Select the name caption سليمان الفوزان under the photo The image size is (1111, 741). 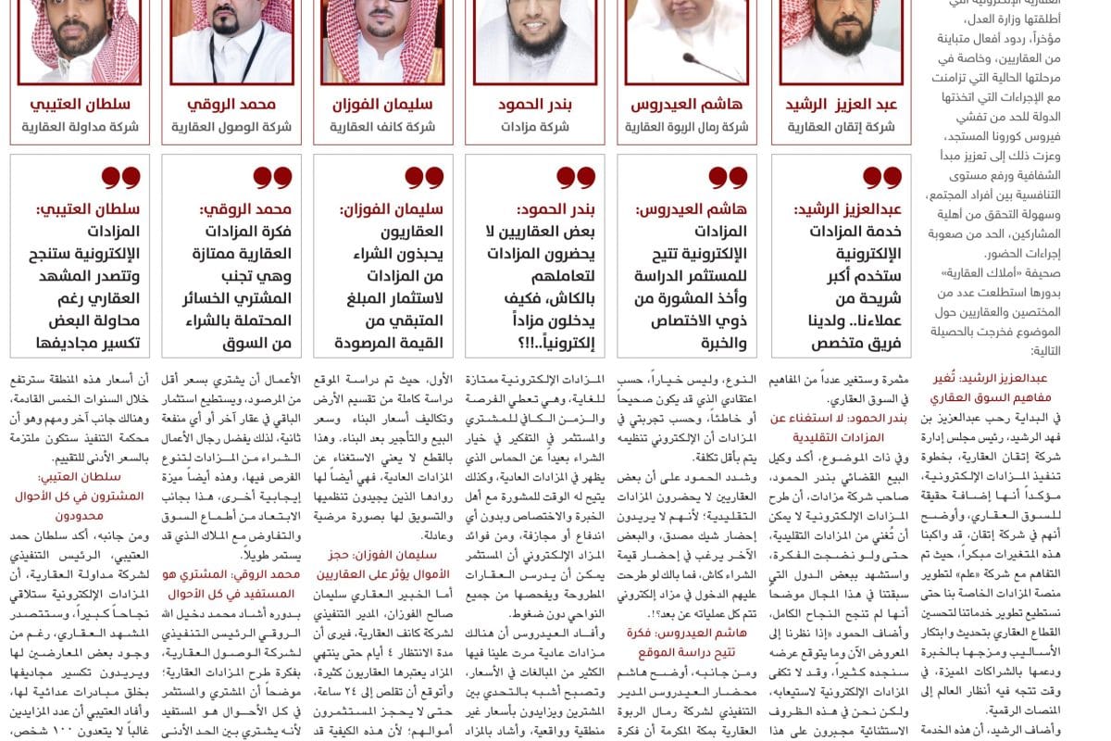pos(382,105)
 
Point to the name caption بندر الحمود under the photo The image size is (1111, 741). pos(534,105)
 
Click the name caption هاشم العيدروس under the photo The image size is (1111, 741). pos(686,105)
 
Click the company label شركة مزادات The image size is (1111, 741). pos(534,127)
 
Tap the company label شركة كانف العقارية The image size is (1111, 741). pos(382,127)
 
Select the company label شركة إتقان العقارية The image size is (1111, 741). pos(841,127)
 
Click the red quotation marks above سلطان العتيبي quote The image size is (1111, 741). pos(120,177)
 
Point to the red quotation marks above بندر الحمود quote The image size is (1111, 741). pos(576,177)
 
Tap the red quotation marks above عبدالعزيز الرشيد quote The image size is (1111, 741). pos(881,177)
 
